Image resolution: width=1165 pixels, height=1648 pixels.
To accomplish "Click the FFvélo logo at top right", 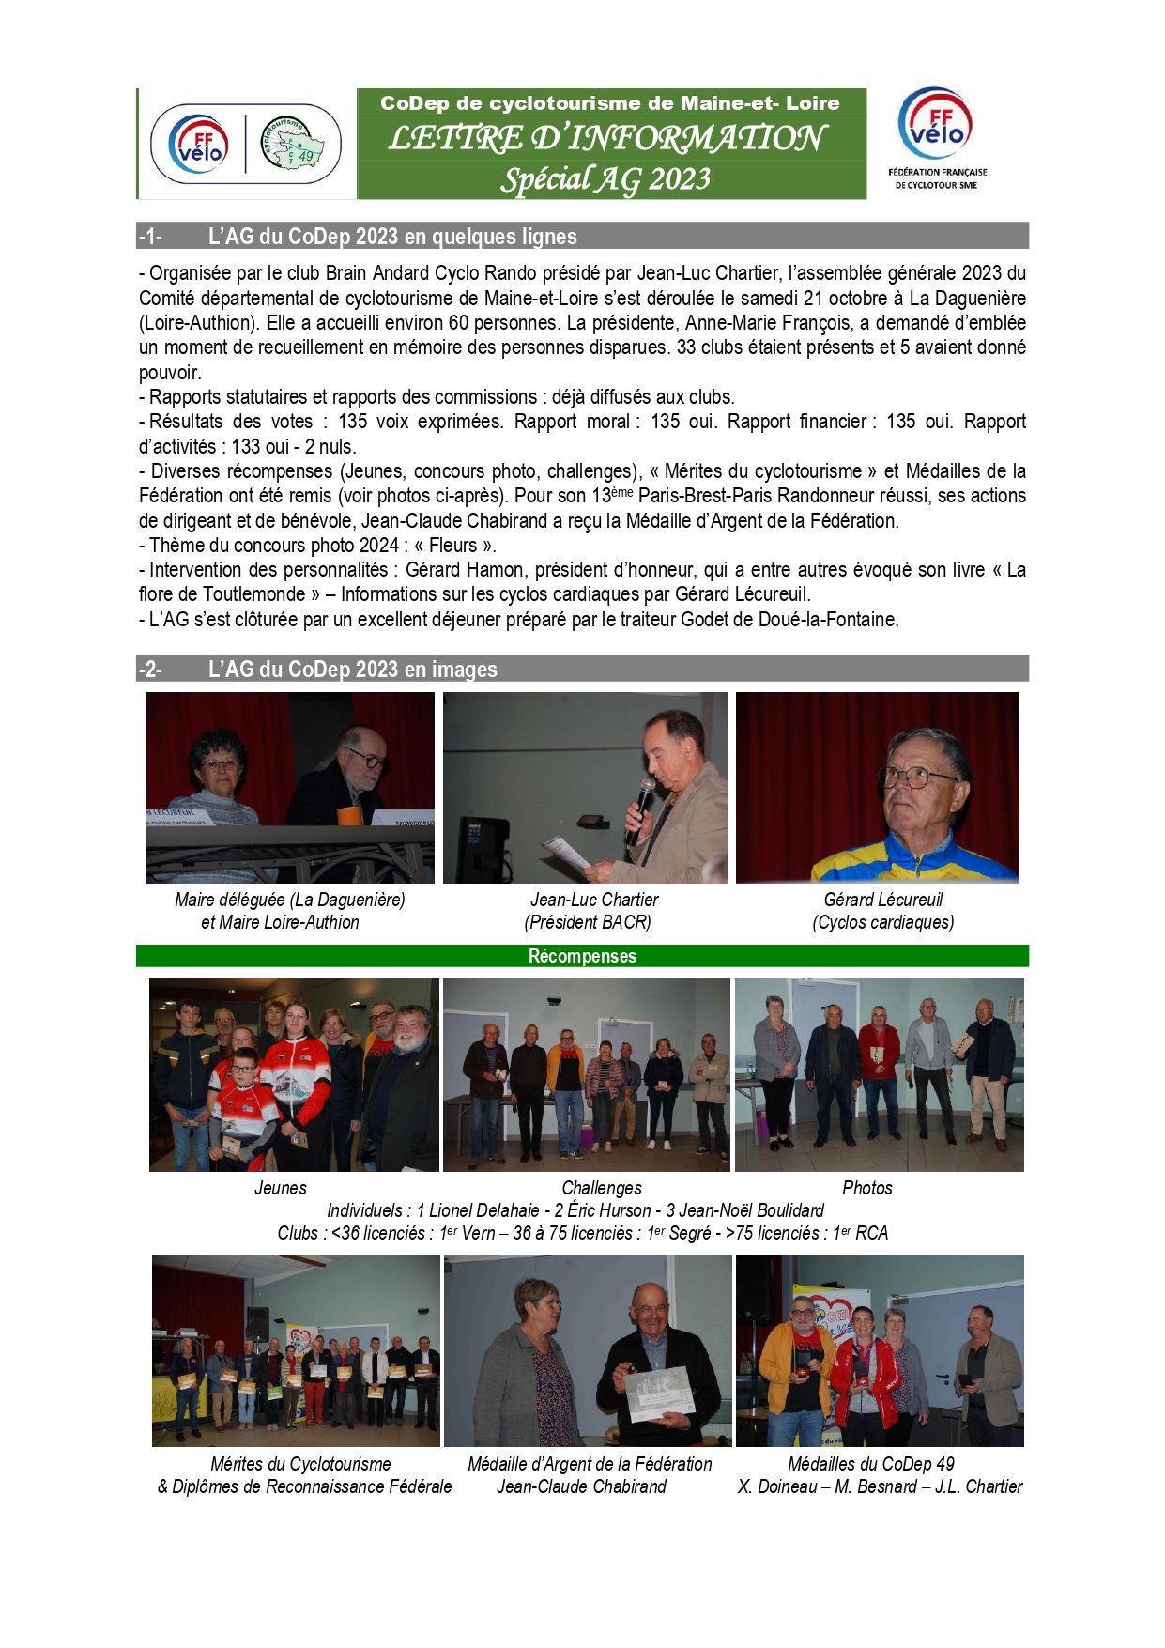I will (x=936, y=126).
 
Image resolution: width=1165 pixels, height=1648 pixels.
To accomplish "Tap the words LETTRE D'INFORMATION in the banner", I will (x=606, y=139).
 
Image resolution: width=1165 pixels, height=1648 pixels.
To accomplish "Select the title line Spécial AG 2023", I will (x=605, y=178).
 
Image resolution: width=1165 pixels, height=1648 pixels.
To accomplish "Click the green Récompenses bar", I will (x=582, y=956).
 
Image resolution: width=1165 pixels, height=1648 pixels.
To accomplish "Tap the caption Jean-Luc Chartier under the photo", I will (x=594, y=900).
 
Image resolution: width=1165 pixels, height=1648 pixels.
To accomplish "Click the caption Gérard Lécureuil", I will (x=882, y=900).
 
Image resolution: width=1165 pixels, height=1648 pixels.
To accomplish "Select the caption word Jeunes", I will (x=280, y=1188).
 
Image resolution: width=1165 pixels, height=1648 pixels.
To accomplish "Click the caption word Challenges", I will (x=602, y=1188).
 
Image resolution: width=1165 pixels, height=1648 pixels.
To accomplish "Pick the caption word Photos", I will (x=866, y=1188).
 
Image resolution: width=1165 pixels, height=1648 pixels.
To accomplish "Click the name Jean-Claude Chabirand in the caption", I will (x=581, y=1486).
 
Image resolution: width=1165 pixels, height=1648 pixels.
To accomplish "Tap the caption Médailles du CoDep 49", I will (x=870, y=1464).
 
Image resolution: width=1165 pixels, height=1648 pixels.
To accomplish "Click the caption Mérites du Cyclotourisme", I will (x=300, y=1464).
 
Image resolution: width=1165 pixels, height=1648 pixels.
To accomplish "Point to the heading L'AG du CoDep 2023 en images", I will (x=352, y=670).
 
